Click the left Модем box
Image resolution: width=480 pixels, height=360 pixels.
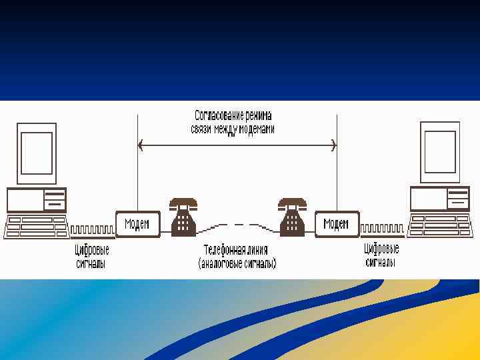[137, 224]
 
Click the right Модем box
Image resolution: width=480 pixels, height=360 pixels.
[336, 224]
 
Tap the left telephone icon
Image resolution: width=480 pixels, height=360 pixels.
[183, 217]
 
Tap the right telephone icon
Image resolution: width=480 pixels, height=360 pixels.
[291, 217]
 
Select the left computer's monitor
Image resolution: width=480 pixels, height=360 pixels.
[37, 153]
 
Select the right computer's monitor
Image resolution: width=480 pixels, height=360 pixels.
[439, 153]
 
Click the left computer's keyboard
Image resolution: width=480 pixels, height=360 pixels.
[36, 227]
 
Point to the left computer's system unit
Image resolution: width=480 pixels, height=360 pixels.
[37, 200]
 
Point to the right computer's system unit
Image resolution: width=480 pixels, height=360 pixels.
[439, 199]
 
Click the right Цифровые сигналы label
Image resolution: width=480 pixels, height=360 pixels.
[381, 255]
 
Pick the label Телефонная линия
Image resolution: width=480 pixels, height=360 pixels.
[236, 251]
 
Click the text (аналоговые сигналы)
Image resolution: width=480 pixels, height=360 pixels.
[237, 264]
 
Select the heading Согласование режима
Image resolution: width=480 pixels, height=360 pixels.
[233, 115]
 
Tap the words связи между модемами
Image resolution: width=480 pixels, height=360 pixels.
[233, 129]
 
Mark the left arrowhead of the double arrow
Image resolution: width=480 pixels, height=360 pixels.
[140, 145]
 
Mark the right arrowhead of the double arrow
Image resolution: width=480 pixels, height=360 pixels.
[333, 145]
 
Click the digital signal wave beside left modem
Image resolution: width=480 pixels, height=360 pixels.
[93, 230]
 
